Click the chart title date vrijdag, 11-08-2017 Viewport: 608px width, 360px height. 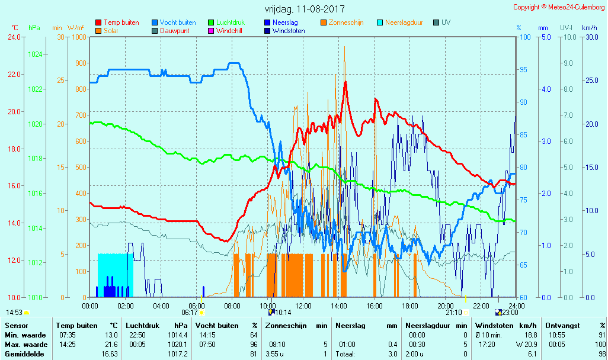point(304,9)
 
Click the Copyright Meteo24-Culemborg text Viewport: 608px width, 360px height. point(559,7)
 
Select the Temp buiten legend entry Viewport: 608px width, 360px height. point(121,22)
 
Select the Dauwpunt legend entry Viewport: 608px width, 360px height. point(178,31)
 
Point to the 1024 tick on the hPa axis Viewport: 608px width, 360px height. point(35,54)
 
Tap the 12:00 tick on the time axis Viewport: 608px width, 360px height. point(303,306)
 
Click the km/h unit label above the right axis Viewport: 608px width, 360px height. point(589,28)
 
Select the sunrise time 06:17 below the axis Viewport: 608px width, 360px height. point(190,312)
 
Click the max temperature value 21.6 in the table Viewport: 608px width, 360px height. point(111,345)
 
